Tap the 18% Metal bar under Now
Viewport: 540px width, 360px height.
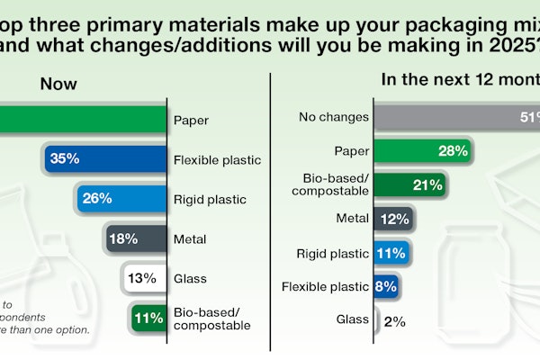[x=136, y=238]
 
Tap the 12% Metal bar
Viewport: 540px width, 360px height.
[x=393, y=217]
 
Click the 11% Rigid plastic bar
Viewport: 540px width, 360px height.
[x=391, y=252]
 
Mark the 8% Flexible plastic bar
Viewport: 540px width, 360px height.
[x=386, y=286]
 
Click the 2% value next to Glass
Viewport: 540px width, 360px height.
[x=394, y=320]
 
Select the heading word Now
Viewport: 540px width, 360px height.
[x=58, y=84]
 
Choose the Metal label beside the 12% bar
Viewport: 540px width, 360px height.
[x=346, y=218]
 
